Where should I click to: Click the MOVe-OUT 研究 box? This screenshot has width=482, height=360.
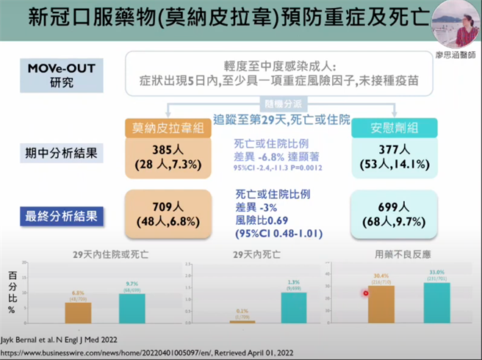[x=62, y=74]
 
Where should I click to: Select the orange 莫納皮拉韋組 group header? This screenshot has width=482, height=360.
[x=168, y=128]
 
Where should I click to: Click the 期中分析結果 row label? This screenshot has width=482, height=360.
[x=62, y=155]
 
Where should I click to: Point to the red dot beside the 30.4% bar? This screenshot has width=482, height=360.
[x=366, y=293]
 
